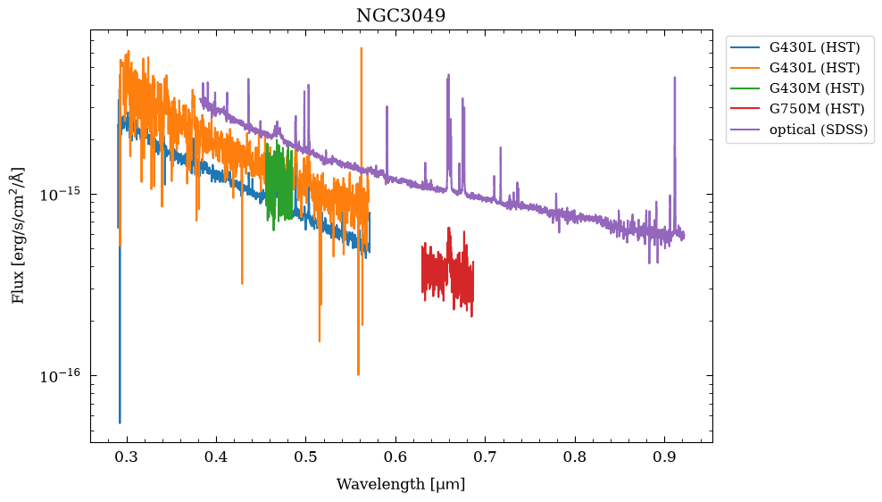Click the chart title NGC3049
coord(401,15)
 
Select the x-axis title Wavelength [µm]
coord(401,483)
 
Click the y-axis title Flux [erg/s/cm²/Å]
coord(19,235)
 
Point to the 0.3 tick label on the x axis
coord(127,456)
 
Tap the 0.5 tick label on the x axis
coord(305,456)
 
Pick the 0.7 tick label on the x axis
coord(485,456)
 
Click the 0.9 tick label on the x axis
coord(664,456)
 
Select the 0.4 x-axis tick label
coord(216,456)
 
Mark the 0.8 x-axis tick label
coord(575,456)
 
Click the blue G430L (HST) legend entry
coord(795,46)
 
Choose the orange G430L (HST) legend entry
coord(795,68)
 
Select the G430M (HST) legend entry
coord(797,88)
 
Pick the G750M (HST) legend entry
coord(797,109)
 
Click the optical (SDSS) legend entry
coord(799,130)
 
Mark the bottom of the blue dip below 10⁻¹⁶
coord(120,423)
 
